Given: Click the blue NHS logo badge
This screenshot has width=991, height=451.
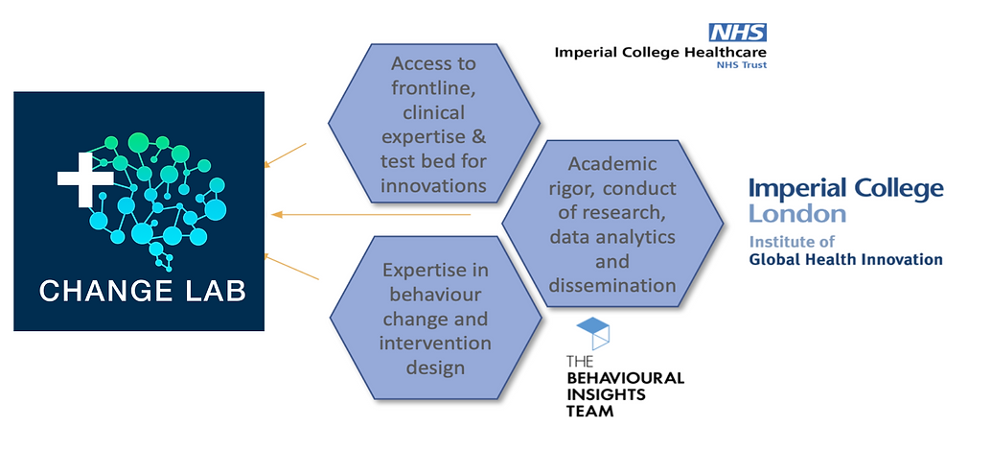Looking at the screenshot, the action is point(738,33).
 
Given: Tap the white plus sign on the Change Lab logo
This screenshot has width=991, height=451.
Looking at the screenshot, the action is point(85,178).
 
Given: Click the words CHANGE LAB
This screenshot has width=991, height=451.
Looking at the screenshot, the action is point(143,291).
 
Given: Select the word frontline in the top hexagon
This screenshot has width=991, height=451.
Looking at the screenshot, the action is point(433,88).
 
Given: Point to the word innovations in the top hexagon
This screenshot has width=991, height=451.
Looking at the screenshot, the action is point(433,185).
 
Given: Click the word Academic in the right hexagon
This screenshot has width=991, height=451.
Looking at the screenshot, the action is point(612,164).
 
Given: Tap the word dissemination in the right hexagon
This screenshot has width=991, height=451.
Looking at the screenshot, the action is point(612,285).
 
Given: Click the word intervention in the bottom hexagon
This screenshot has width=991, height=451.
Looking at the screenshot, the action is point(435,343).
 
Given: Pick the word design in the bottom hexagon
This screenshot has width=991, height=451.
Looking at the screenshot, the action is point(435,367).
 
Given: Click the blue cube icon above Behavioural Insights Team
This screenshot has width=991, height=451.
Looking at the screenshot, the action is point(593,333).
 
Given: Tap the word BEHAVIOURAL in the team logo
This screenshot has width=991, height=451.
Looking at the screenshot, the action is point(625,379).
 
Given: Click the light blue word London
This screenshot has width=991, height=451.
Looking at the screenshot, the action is point(797,213).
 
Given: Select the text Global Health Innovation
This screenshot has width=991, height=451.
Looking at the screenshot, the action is point(845,259).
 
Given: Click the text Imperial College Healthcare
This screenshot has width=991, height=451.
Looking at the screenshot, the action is point(660,52).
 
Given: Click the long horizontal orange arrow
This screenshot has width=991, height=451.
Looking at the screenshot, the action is point(371,214).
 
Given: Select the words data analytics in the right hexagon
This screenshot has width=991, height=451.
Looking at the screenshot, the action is point(612,237).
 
